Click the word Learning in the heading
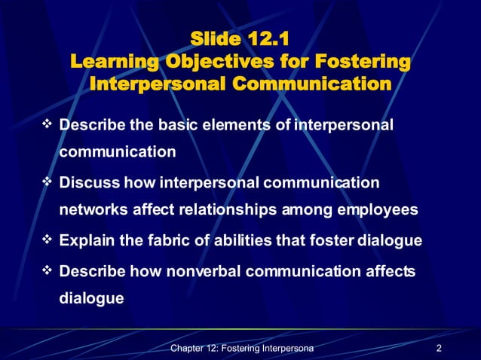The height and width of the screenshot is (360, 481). point(111,60)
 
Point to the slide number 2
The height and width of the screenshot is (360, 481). point(438,348)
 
